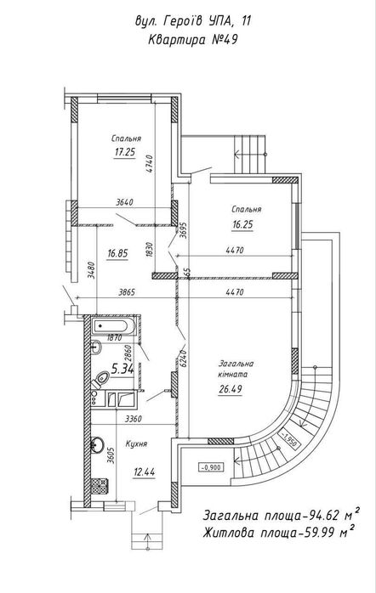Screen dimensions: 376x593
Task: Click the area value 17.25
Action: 125,152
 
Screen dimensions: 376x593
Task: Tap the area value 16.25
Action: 242,224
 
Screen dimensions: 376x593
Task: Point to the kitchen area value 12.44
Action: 145,472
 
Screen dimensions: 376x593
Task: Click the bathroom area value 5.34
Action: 122,368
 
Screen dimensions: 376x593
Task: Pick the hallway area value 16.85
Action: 117,253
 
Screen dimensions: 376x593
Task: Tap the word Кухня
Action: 136,444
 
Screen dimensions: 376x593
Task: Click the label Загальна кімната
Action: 236,369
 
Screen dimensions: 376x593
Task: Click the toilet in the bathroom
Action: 100,379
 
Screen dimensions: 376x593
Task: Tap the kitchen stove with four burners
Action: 100,486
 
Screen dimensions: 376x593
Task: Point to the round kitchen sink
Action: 97,444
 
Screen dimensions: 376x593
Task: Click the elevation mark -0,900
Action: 210,467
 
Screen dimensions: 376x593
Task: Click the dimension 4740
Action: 150,164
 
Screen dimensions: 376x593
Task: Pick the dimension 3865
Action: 127,292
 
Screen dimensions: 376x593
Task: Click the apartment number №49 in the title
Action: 224,39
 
